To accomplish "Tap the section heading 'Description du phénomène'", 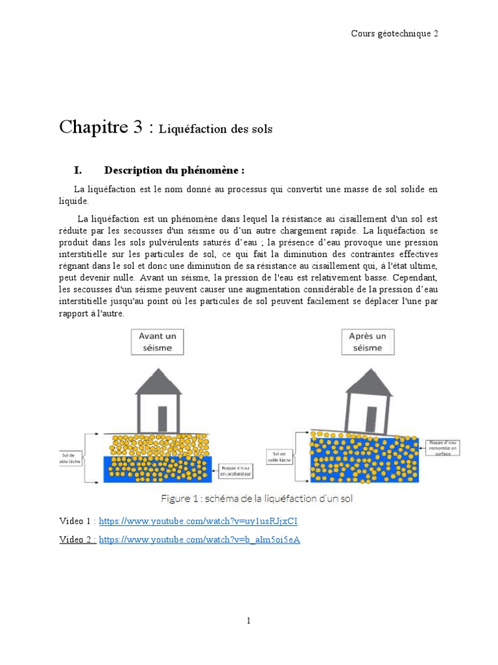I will (174, 171).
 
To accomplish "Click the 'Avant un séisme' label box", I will (158, 342).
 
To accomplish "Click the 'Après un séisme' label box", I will (367, 342).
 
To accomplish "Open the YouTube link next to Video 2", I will (199, 540).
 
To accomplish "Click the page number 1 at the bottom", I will (248, 621).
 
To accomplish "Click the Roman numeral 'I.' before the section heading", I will (78, 171).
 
